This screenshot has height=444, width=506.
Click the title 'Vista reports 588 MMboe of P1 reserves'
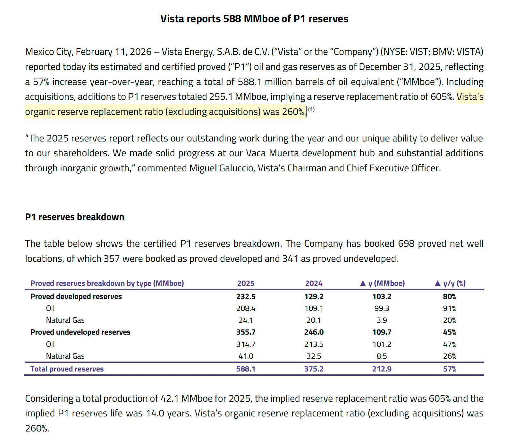click(254, 19)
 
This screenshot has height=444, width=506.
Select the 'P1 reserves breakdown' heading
click(75, 217)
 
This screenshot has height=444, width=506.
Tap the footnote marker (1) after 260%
click(311, 110)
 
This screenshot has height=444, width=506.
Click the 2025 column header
click(246, 283)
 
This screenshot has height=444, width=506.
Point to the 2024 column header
click(314, 283)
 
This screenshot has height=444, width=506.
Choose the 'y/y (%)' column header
click(450, 283)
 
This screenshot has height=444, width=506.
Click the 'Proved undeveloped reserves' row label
click(80, 332)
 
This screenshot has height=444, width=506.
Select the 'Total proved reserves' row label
click(67, 369)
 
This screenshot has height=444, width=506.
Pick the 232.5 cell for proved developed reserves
click(246, 296)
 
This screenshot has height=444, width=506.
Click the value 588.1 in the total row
click(246, 369)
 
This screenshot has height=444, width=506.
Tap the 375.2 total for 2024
click(314, 369)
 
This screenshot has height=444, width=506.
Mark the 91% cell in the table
click(450, 308)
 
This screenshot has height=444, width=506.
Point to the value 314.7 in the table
click(246, 344)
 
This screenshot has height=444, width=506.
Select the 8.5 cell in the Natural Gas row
click(382, 356)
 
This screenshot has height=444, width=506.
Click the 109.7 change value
click(382, 332)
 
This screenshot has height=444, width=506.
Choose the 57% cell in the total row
click(450, 369)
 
